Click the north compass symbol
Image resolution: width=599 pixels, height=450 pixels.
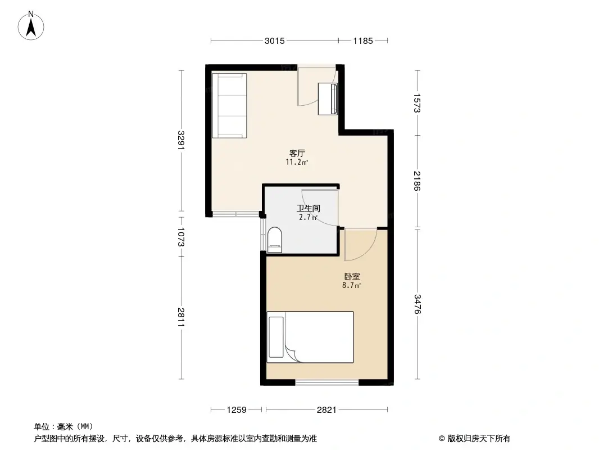32,25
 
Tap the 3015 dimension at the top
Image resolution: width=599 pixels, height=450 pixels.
275,40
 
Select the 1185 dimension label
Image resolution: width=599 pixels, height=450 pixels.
364,40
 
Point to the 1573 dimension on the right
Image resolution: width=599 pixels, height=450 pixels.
416,103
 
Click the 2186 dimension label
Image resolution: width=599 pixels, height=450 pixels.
416,181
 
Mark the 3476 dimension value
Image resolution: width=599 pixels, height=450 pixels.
416,304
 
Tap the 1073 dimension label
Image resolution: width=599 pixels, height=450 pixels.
180,236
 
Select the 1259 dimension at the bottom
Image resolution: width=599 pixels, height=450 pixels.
237,410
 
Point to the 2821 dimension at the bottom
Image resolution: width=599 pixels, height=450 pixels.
326,410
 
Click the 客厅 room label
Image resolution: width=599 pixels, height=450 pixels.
297,153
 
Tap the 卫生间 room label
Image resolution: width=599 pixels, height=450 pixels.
308,208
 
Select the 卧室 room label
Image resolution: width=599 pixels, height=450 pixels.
352,277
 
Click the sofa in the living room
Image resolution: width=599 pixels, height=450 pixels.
229,105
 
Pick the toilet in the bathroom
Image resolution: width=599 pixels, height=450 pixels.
275,238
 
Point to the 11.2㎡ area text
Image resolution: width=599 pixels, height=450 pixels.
297,162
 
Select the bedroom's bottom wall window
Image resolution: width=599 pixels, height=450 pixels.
327,382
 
